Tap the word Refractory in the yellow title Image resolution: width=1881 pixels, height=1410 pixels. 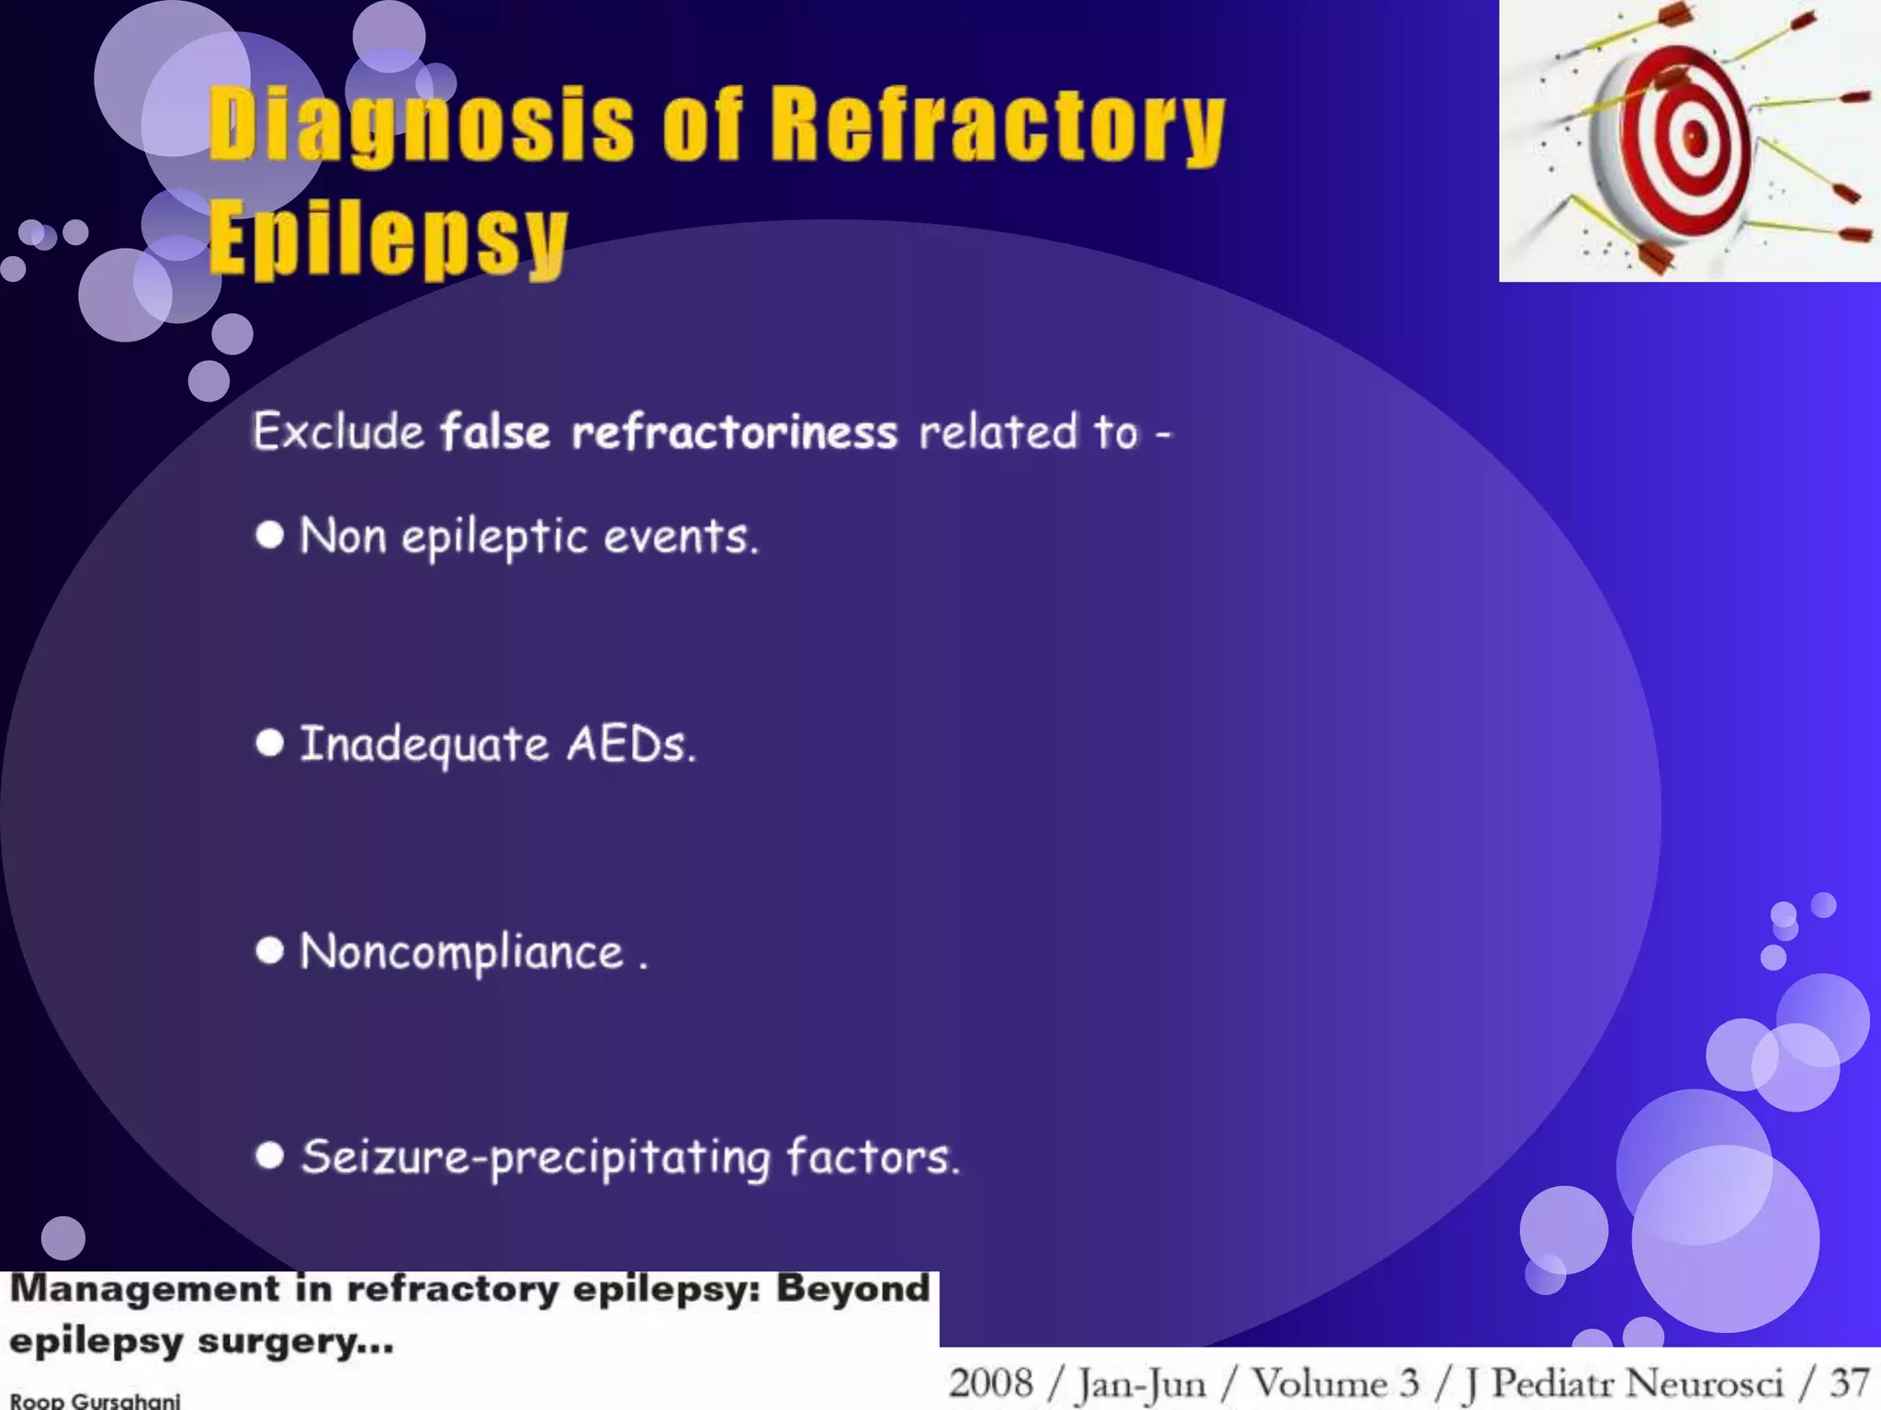point(997,124)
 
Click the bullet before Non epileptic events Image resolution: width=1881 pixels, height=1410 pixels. point(269,534)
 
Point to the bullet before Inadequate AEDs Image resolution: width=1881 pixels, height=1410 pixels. point(269,743)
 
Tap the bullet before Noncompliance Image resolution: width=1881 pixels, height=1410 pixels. point(269,950)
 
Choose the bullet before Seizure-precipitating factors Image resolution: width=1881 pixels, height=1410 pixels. point(269,1155)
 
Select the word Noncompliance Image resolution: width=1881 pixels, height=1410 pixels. point(462,952)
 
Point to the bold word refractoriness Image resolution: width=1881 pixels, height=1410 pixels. point(734,431)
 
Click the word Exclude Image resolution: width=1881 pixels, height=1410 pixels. point(338,431)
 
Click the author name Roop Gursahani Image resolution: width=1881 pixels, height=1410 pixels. point(95,1401)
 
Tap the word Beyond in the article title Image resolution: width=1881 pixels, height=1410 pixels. point(853,1289)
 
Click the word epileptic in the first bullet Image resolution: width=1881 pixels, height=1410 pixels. point(494,537)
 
